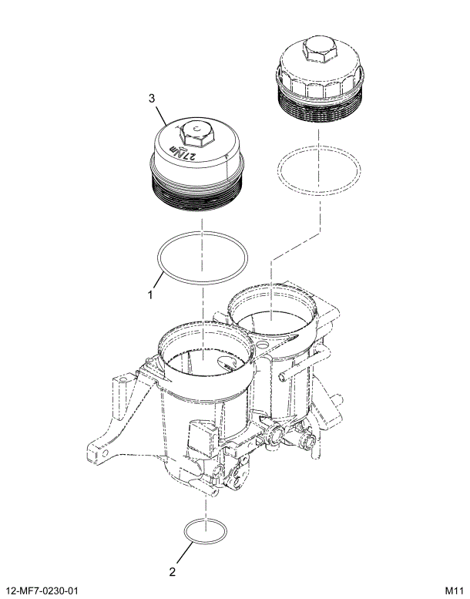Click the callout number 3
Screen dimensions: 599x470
click(152, 98)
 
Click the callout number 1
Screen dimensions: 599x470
click(151, 294)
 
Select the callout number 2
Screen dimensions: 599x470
click(173, 572)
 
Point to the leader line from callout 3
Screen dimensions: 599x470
click(164, 114)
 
